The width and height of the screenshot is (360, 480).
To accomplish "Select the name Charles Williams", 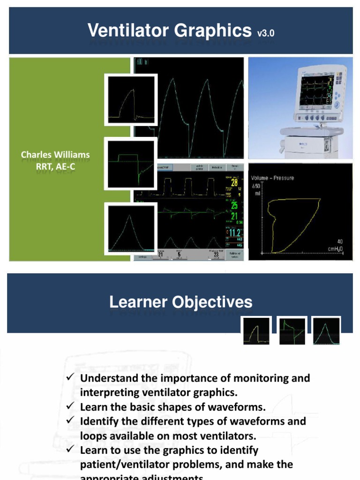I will click(55, 154).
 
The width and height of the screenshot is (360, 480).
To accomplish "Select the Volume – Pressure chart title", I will click(272, 178).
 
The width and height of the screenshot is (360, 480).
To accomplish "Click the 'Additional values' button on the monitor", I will click(235, 254).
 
